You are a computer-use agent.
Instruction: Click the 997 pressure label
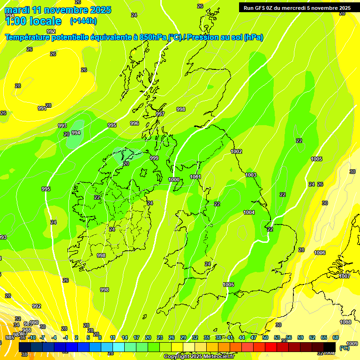[x=160, y=114]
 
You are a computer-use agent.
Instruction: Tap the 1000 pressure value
[x=174, y=180]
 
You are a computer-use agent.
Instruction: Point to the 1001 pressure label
[x=195, y=177]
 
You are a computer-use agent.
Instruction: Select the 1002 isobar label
[x=237, y=151]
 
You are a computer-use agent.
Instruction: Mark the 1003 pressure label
[x=251, y=175]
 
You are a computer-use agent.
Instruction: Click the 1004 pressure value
[x=249, y=212]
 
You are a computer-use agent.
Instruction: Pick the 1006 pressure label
[x=320, y=253]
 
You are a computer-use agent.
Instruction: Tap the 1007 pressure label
[x=345, y=276]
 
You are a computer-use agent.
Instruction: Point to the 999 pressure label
[x=154, y=158]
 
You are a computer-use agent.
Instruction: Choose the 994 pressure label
[x=76, y=133]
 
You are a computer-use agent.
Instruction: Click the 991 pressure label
[x=42, y=108]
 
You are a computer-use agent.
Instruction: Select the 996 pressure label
[x=135, y=123]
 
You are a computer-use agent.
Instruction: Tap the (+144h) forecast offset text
[x=83, y=21]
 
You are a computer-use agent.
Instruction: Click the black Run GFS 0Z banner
[x=297, y=7]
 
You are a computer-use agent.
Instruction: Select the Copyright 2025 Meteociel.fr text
[x=199, y=357]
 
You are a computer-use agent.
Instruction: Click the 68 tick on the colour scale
[x=336, y=337]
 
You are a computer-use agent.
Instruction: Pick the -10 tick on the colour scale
[x=32, y=337]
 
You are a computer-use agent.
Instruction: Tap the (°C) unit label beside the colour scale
[x=344, y=348]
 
